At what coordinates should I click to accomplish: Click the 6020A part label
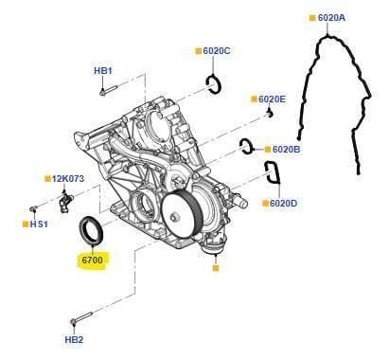tap(331, 18)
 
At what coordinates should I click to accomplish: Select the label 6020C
tap(217, 51)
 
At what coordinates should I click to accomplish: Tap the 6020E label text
tap(272, 99)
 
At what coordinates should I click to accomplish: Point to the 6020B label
tap(286, 149)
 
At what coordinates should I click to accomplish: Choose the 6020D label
tap(283, 203)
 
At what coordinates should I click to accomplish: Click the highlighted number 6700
tap(92, 260)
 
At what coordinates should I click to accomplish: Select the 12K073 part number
tap(68, 179)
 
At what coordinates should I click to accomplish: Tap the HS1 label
tap(39, 225)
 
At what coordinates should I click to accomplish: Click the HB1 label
tap(103, 70)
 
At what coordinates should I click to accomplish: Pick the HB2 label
tap(74, 340)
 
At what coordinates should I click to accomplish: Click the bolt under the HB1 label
tap(108, 90)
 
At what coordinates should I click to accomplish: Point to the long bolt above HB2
tap(81, 317)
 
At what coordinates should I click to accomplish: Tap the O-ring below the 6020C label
tap(215, 84)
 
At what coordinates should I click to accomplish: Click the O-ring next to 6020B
tap(246, 147)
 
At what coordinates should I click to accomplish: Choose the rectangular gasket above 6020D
tap(273, 172)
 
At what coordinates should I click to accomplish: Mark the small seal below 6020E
tap(269, 113)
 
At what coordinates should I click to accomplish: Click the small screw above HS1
tap(33, 208)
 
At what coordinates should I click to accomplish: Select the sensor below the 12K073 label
tap(65, 202)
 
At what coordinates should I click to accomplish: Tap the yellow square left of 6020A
tap(312, 18)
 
